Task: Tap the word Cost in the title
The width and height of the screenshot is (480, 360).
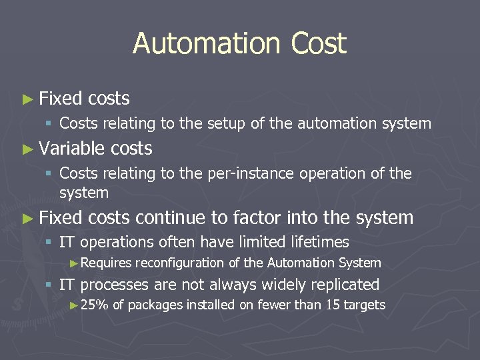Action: [x=319, y=44]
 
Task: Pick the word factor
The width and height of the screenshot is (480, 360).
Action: [x=257, y=217]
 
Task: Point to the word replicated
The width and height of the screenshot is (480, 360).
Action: [x=341, y=285]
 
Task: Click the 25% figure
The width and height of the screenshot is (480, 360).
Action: [x=95, y=305]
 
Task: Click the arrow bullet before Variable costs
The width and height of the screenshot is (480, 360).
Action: [x=27, y=149]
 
